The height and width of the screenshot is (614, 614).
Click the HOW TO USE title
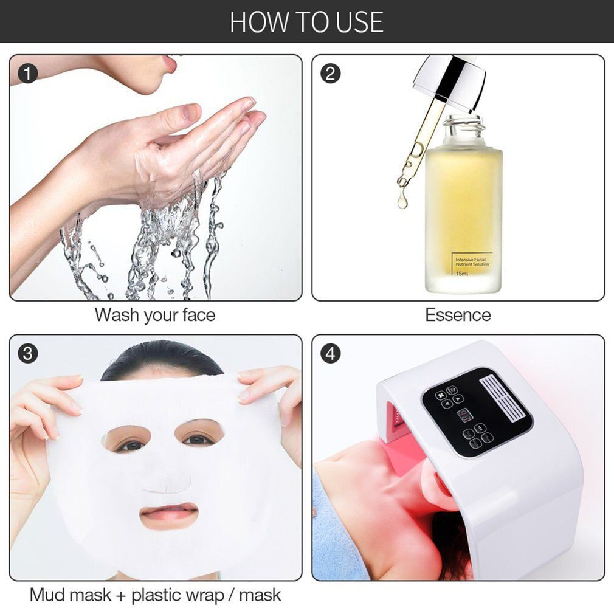tap(306, 22)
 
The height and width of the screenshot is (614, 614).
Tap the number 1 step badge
tap(28, 74)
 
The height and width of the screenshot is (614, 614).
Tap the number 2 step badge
tap(331, 74)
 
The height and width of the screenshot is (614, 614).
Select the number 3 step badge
tap(28, 354)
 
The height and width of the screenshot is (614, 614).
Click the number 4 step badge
tap(331, 354)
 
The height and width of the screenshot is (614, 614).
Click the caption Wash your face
tap(154, 315)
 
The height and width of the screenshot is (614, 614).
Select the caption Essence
tap(458, 315)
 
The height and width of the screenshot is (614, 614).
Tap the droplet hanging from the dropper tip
tap(402, 201)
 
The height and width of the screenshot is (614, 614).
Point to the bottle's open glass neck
tap(463, 128)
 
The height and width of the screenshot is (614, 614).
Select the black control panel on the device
tap(475, 412)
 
